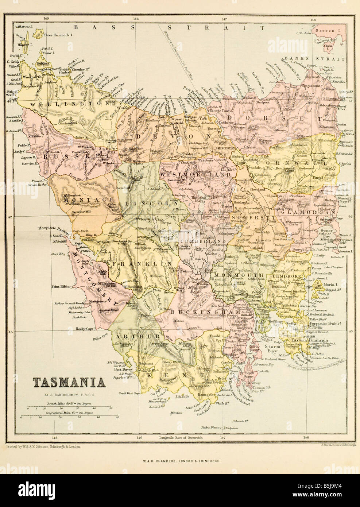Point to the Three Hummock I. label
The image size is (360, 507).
pos(58,35)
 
